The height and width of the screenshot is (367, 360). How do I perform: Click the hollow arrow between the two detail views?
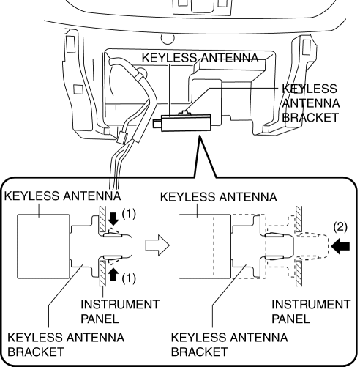[157, 245]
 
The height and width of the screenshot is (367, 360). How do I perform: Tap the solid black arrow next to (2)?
[340, 246]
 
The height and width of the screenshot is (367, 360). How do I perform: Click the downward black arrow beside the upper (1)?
[113, 219]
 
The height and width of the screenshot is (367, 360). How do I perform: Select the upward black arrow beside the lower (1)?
[113, 275]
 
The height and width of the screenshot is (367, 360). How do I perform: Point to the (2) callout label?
[340, 227]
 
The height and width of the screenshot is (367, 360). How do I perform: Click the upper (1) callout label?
[129, 214]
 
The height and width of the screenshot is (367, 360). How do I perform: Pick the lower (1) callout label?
[129, 278]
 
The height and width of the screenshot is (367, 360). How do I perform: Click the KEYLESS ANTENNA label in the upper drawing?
[200, 58]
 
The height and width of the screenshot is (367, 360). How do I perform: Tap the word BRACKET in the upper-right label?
[310, 117]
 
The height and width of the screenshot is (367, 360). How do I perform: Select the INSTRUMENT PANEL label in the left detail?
[120, 311]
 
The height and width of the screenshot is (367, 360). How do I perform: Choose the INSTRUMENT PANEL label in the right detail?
[311, 311]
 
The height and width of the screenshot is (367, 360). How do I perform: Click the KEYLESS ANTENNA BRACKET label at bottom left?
[66, 344]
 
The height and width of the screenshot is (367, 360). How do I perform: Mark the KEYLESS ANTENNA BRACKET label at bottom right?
[229, 344]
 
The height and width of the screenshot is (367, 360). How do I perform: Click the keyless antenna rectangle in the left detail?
[43, 246]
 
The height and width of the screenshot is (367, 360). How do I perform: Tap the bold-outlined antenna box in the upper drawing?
[186, 123]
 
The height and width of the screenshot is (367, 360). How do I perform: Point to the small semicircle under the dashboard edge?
[168, 39]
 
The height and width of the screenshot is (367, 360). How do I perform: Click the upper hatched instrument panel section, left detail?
[102, 219]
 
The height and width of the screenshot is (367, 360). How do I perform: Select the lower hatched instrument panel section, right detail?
[299, 273]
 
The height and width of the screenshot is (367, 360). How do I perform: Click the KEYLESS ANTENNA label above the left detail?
[62, 196]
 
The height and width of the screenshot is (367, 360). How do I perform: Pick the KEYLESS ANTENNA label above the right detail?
[219, 197]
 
